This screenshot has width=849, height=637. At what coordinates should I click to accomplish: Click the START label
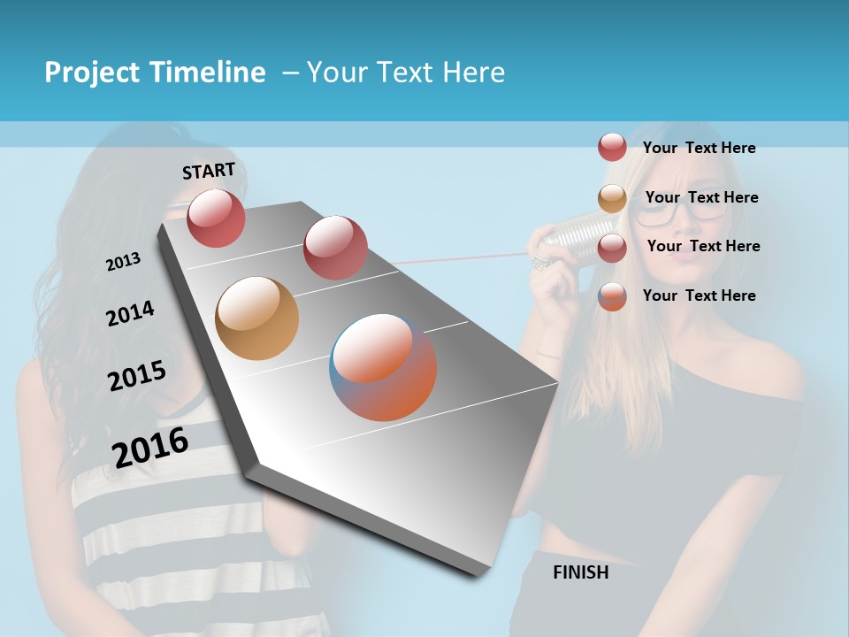[209, 171]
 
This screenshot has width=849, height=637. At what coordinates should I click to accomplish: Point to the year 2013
[123, 262]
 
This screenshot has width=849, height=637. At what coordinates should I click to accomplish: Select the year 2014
[130, 314]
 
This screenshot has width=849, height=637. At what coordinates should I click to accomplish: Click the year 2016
[150, 447]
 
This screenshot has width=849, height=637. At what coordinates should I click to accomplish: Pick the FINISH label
[581, 572]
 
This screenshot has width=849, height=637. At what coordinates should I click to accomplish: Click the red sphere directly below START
[216, 218]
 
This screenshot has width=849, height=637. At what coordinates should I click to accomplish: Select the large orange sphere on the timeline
[257, 318]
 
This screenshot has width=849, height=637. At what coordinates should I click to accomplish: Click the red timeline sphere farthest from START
[335, 247]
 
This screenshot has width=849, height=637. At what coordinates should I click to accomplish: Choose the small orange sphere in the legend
[612, 199]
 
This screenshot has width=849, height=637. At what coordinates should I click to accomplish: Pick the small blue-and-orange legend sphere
[612, 296]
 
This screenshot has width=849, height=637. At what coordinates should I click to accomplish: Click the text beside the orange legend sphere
[701, 197]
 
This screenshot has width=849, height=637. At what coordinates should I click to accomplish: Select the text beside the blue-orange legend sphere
[699, 295]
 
